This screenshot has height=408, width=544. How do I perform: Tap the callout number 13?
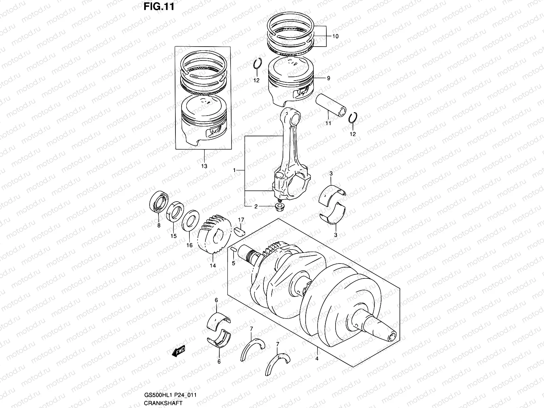coord(204,166)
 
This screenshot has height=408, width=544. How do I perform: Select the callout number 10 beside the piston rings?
coord(335,36)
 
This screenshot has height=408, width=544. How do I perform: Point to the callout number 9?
coord(328,78)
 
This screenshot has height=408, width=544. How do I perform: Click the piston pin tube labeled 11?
coord(330,105)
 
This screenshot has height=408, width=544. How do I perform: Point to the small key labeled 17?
coord(240,231)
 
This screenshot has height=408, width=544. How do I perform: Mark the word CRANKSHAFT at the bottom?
coord(163,403)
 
